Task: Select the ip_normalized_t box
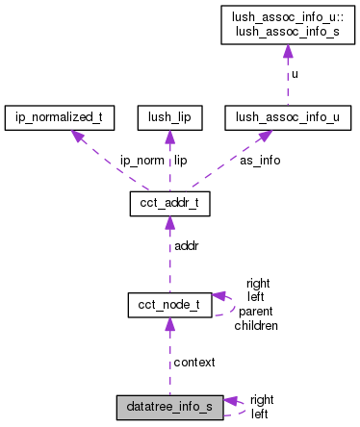coord(61,118)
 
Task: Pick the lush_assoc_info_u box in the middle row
coord(286,118)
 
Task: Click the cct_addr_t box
coord(170,205)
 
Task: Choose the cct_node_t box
coord(170,305)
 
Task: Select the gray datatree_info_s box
coord(170,406)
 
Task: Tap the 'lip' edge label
coord(180,161)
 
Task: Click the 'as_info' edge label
coord(260,161)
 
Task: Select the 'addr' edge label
coord(186,247)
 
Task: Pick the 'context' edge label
coord(193,362)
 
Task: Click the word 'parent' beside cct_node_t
coord(256,312)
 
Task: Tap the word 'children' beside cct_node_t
coord(256,325)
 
